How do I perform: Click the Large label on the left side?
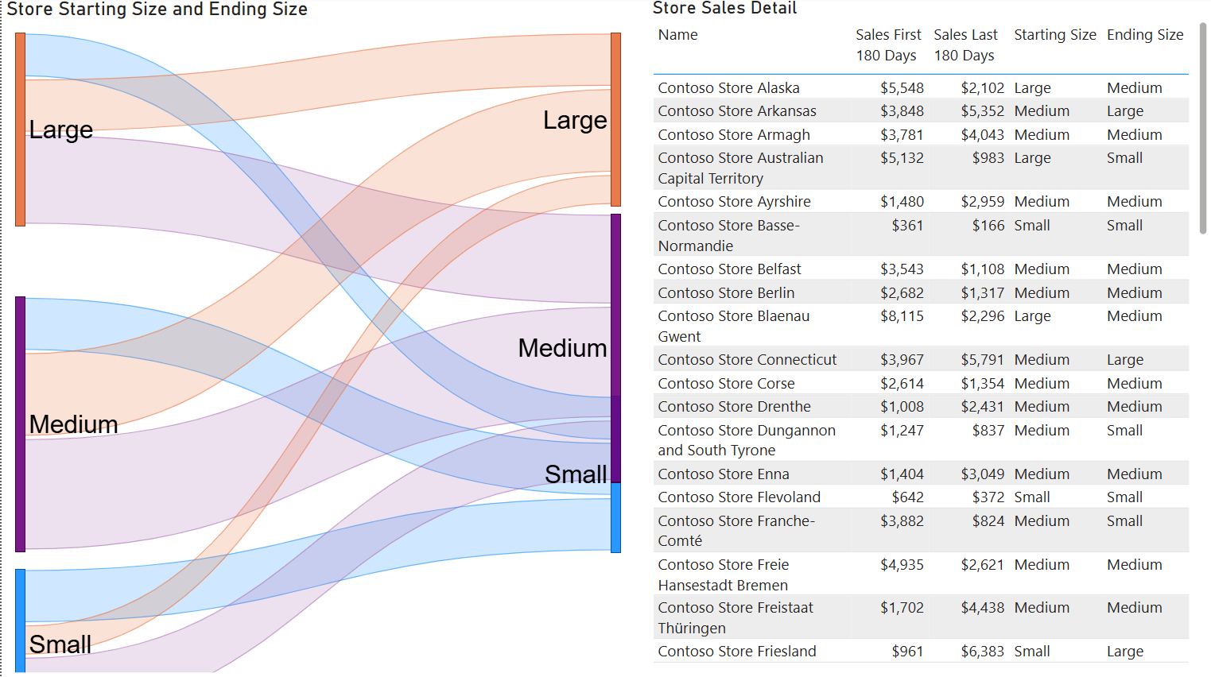click(60, 130)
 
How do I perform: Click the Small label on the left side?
click(60, 644)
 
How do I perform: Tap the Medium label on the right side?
click(562, 348)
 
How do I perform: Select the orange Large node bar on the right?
click(615, 119)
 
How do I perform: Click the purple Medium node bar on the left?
click(21, 424)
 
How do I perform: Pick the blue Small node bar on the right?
click(615, 517)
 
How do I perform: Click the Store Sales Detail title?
click(724, 9)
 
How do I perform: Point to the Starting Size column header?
click(1054, 35)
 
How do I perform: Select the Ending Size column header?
click(1145, 35)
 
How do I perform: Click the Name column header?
click(677, 35)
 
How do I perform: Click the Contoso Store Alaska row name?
click(728, 88)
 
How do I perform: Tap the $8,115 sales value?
click(902, 316)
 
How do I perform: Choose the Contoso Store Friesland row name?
click(737, 652)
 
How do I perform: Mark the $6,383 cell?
click(982, 652)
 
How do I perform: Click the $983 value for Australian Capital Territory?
click(988, 158)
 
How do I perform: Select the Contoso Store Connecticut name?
click(747, 360)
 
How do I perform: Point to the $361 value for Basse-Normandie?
click(907, 226)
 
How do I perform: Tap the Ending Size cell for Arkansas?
click(1124, 111)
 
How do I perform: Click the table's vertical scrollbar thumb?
click(1202, 127)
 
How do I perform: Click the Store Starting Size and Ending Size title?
click(157, 10)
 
